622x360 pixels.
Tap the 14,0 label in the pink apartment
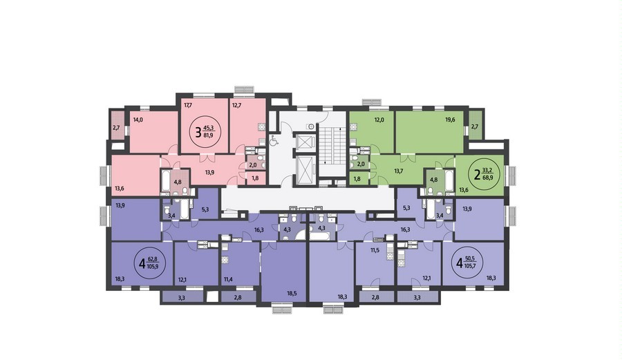click(x=138, y=120)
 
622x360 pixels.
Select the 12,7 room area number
click(x=237, y=105)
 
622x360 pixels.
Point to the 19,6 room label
click(x=450, y=120)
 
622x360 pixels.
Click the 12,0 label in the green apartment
click(x=379, y=120)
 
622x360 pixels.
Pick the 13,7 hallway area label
click(x=399, y=171)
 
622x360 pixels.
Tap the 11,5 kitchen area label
click(x=375, y=250)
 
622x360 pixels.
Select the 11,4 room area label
click(x=228, y=280)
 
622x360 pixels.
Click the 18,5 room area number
click(x=292, y=294)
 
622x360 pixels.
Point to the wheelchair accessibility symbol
click(x=273, y=141)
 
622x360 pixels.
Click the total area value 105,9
click(x=153, y=267)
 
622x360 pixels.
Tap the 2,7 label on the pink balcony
click(x=116, y=128)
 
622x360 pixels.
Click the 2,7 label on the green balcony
click(x=475, y=127)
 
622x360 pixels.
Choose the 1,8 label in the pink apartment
click(x=254, y=178)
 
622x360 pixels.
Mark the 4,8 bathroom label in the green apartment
click(x=435, y=179)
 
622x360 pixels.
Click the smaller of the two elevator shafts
click(x=305, y=142)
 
